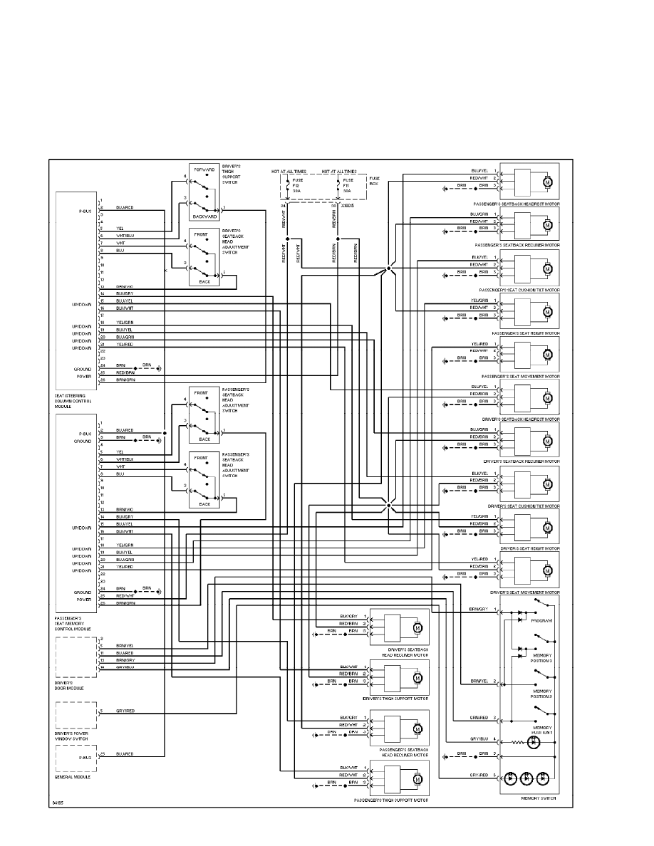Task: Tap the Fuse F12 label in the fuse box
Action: coord(298,185)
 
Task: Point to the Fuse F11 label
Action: coord(348,185)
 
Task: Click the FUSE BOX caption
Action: coord(375,182)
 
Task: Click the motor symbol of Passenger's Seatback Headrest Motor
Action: coord(547,182)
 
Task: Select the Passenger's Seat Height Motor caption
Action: coord(526,333)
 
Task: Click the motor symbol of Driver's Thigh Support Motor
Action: coord(417,677)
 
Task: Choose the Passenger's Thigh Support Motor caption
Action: coord(391,801)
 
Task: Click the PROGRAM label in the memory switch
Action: coord(542,621)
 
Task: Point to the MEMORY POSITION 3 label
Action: coord(542,658)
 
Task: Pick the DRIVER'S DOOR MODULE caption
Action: coord(69,685)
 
